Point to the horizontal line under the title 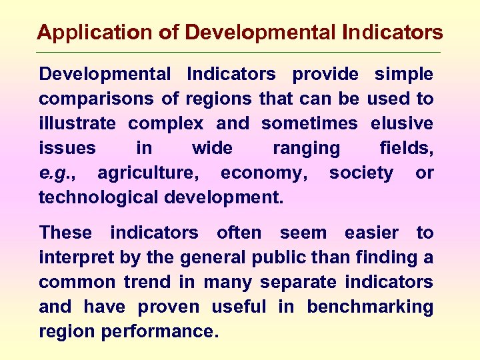240,53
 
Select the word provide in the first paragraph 325,74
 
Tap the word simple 404,74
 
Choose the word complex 166,123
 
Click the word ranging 306,148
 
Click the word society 361,173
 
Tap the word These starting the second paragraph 65,233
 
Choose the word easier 368,233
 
